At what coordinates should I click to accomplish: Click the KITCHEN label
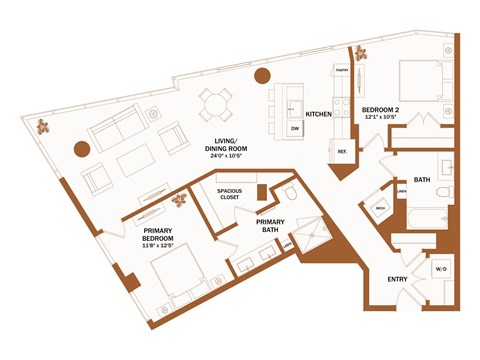318,114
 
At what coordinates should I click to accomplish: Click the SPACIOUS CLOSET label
231,194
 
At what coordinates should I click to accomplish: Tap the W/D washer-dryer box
441,270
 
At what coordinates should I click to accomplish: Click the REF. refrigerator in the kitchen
341,152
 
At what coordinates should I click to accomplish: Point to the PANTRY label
341,71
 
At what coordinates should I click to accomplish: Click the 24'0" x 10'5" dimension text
230,156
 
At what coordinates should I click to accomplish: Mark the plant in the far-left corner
45,126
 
